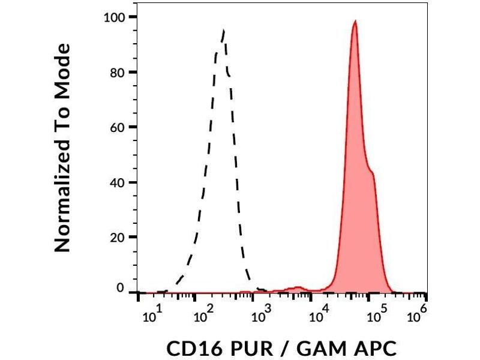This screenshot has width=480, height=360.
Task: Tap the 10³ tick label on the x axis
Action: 260,312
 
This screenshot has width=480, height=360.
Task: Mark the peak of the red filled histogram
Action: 355,22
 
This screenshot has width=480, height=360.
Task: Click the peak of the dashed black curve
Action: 223,30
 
